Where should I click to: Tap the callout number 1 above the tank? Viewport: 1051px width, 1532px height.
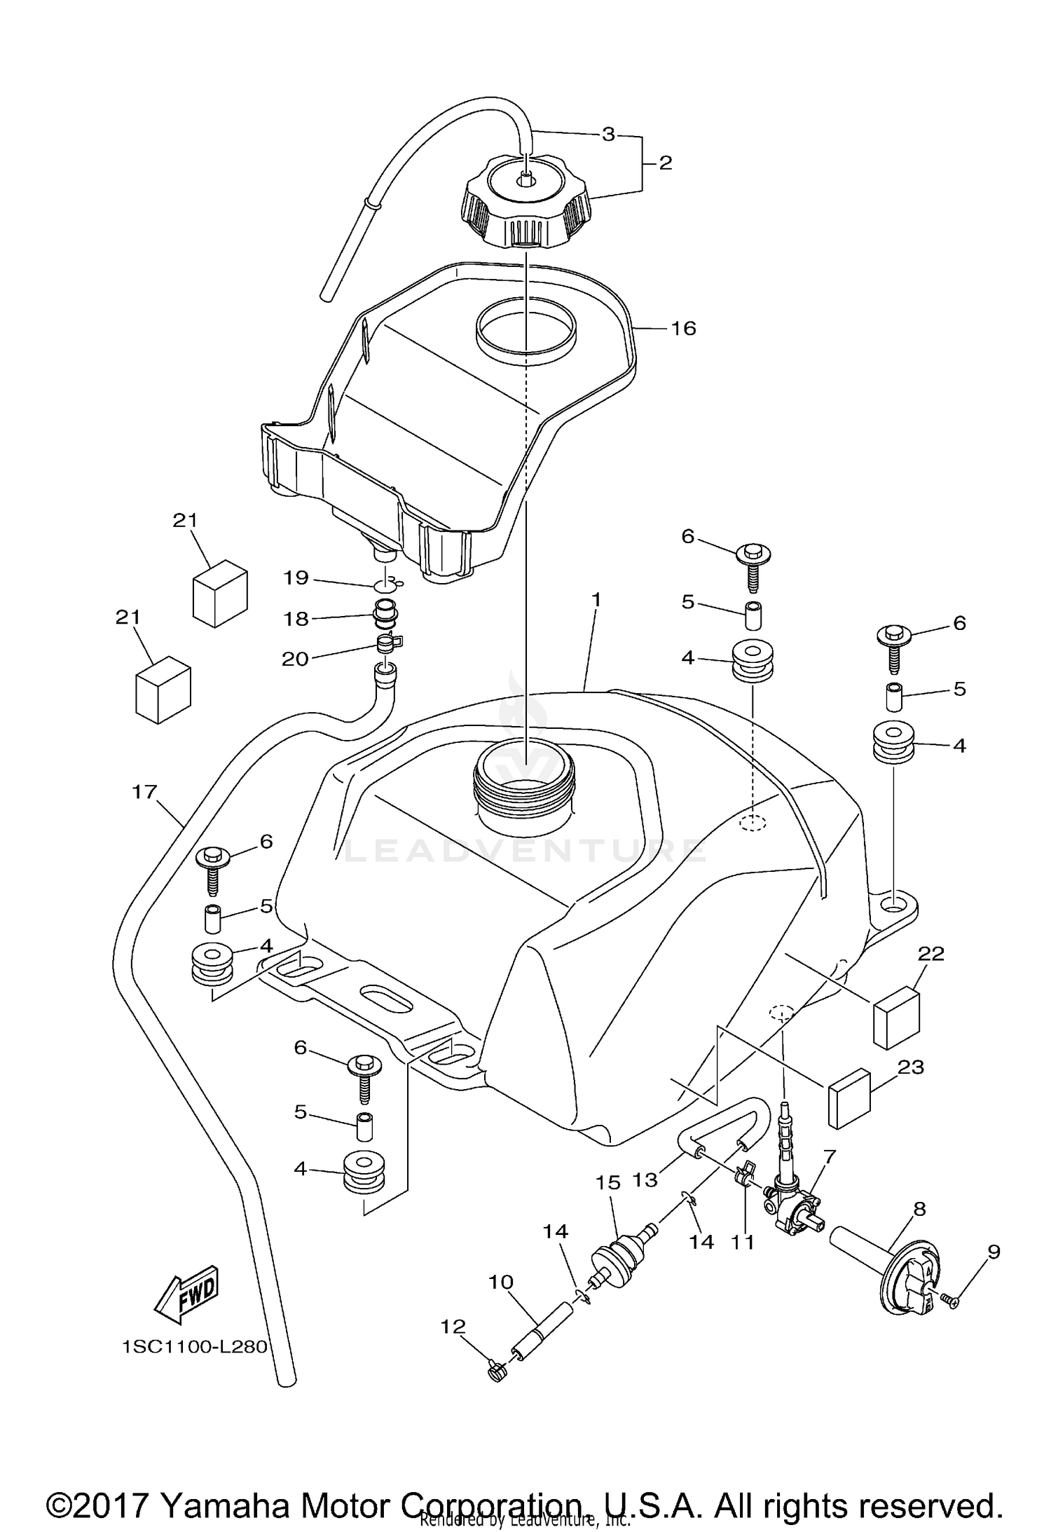(596, 600)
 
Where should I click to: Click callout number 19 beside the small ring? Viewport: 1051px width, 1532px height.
(296, 577)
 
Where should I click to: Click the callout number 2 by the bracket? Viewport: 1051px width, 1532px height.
(665, 163)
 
